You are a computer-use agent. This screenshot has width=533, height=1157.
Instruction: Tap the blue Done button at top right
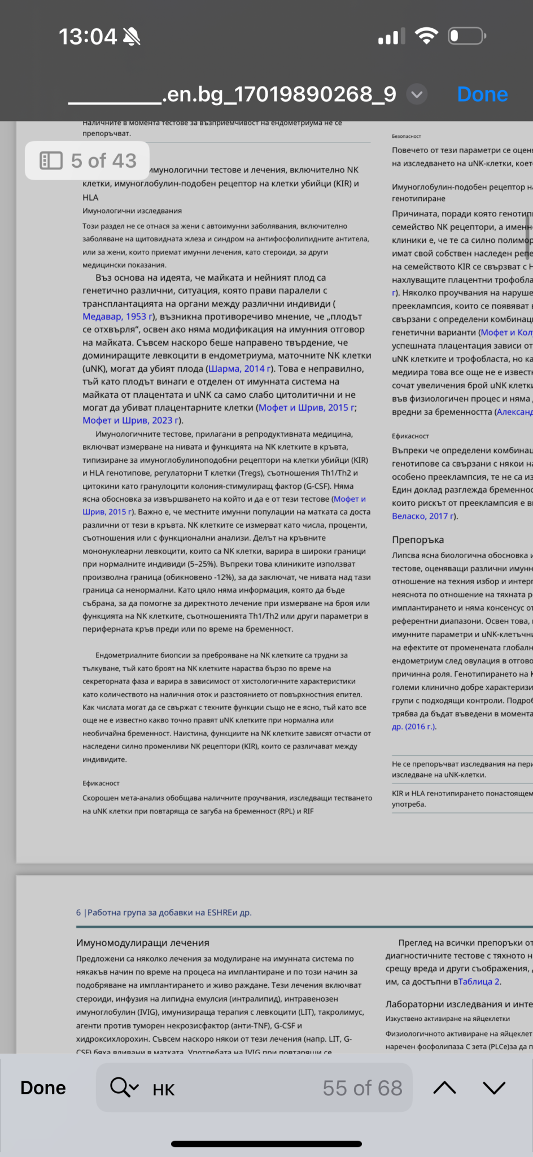[x=482, y=94]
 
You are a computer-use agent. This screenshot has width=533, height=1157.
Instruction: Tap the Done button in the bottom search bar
[x=43, y=1088]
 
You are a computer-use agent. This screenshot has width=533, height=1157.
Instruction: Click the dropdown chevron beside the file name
[x=417, y=94]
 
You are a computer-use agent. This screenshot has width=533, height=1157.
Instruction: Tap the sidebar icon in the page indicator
[x=51, y=161]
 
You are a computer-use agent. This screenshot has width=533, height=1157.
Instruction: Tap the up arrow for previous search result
[x=444, y=1088]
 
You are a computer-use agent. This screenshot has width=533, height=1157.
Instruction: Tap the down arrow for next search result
[x=494, y=1088]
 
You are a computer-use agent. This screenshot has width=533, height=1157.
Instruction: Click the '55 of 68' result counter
[x=362, y=1088]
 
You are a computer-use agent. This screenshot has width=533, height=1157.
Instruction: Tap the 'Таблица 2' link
[x=479, y=981]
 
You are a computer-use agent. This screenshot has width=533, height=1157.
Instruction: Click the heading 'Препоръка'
[x=418, y=540]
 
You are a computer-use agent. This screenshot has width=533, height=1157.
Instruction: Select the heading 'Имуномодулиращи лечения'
[x=143, y=942]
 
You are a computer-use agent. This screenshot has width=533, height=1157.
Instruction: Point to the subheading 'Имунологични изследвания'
[x=132, y=211]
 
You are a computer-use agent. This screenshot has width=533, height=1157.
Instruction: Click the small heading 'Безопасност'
[x=407, y=136]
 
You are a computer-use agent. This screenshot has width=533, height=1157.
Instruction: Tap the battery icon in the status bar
[x=466, y=37]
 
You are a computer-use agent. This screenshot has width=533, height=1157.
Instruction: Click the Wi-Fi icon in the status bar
[x=426, y=36]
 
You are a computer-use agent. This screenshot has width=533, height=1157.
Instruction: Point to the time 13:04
[x=88, y=37]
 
